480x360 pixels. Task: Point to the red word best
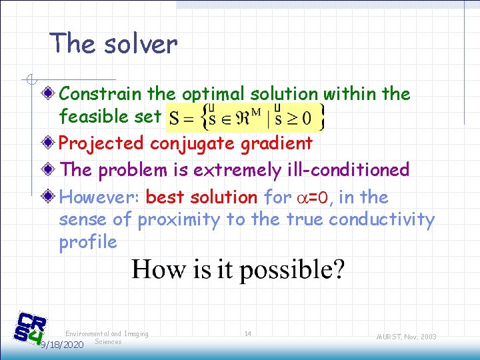(x=167, y=197)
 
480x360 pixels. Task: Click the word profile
(x=87, y=241)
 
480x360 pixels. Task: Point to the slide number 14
(x=247, y=333)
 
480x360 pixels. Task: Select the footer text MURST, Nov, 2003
(x=405, y=337)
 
